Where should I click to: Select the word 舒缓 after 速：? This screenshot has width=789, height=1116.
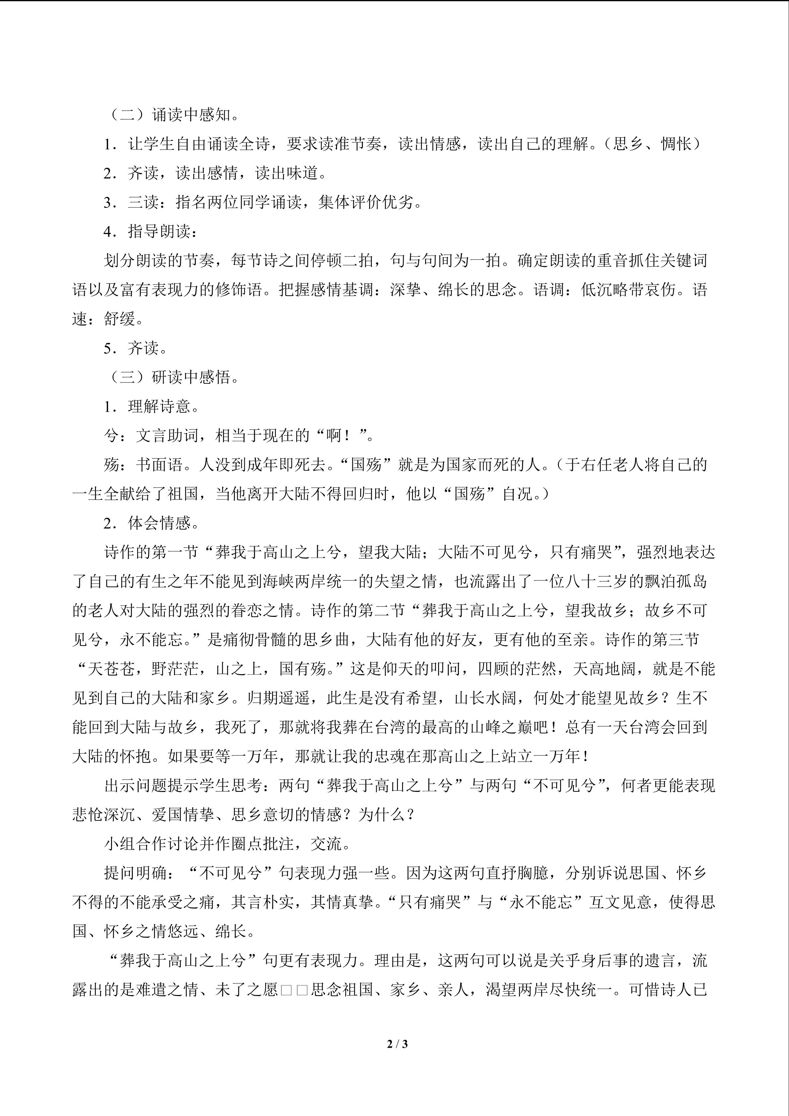(x=120, y=319)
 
